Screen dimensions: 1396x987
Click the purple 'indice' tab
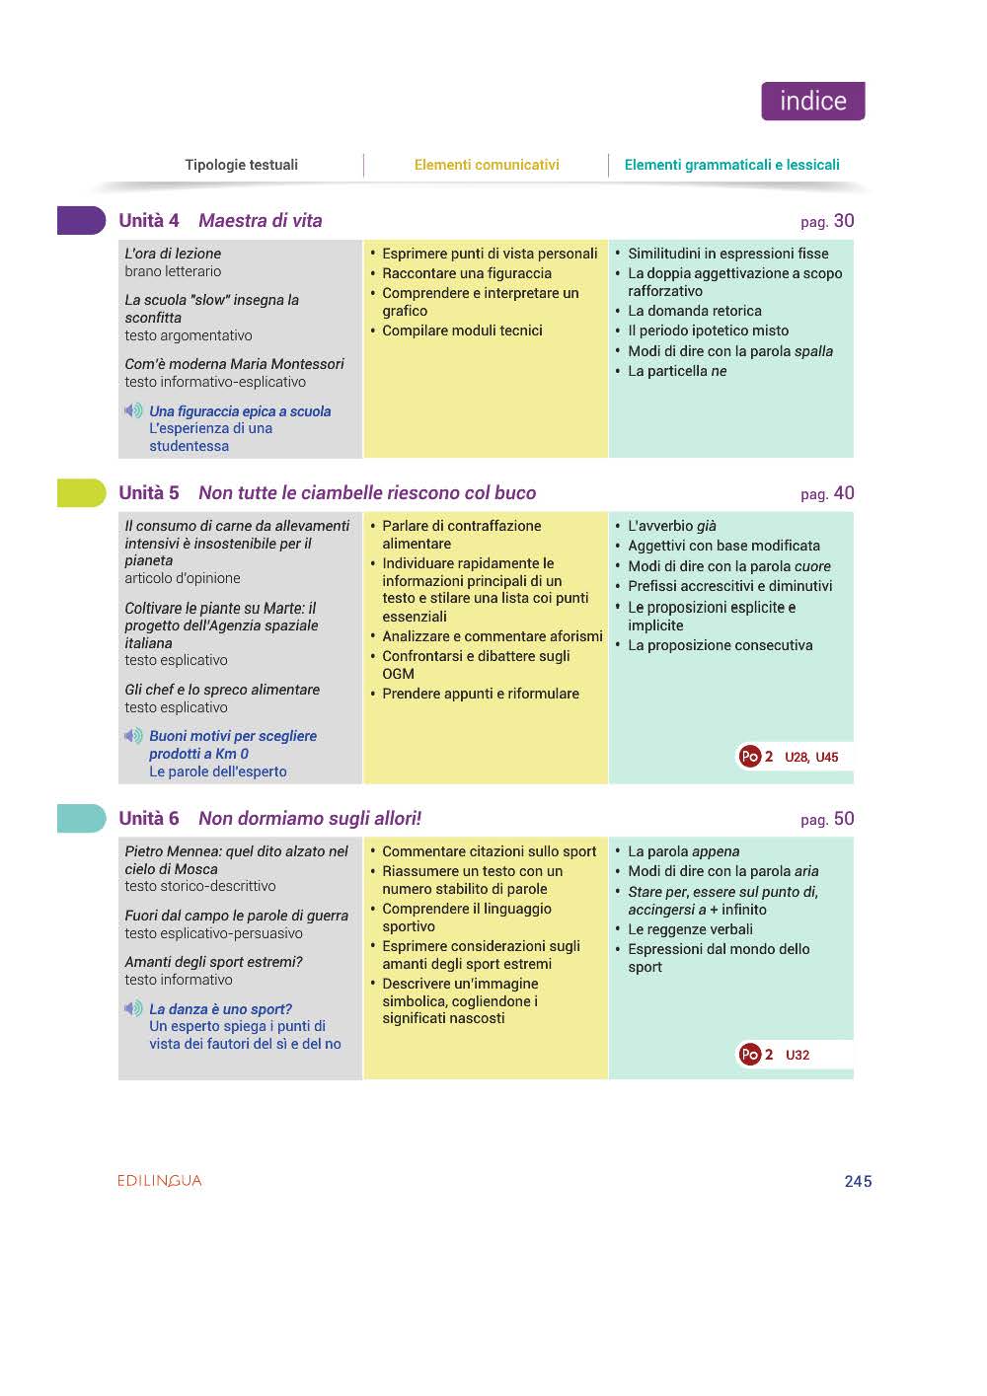[x=812, y=102]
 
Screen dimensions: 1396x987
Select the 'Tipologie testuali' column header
[x=241, y=165]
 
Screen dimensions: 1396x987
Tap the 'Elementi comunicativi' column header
[x=487, y=165]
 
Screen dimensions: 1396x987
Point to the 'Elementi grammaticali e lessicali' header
[x=731, y=165]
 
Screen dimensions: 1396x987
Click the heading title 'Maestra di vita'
[x=261, y=221]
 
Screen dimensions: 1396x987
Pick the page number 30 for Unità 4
[x=843, y=221]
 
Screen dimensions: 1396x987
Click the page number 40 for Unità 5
[x=843, y=493]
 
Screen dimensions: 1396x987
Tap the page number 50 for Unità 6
[x=843, y=819]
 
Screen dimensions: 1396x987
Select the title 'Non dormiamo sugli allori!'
[x=310, y=819]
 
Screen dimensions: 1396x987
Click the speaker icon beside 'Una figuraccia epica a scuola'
[x=133, y=410]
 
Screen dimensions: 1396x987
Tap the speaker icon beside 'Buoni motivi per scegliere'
[x=133, y=736]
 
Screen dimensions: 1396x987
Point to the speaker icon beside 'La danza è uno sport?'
[x=133, y=1008]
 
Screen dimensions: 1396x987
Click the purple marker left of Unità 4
[x=81, y=220]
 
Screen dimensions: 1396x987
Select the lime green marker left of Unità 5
[x=81, y=492]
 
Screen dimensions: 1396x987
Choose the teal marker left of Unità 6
[x=81, y=818]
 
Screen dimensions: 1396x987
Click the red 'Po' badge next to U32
[x=749, y=1055]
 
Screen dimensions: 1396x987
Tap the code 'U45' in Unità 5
[x=827, y=758]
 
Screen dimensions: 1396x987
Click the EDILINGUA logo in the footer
[x=159, y=1181]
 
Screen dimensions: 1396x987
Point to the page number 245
[x=858, y=1182]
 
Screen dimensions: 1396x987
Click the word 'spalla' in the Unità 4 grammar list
[x=813, y=351]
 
